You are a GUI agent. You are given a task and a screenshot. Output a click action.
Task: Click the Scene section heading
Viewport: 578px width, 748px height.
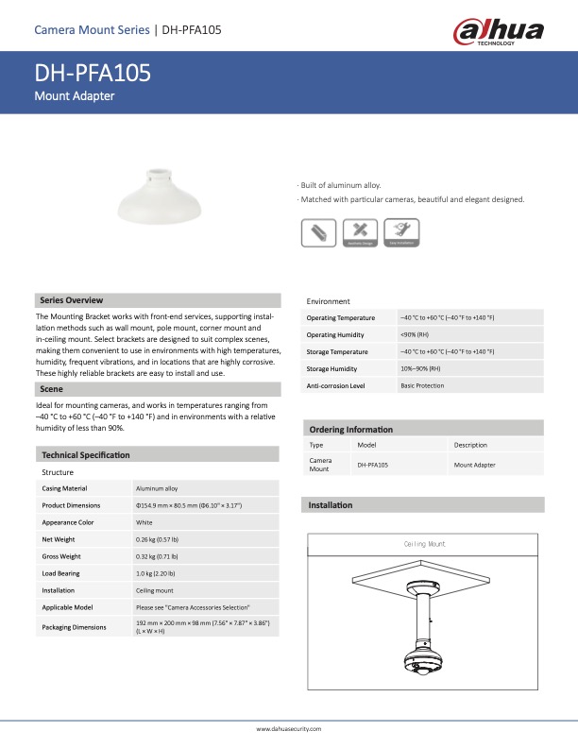tap(51, 388)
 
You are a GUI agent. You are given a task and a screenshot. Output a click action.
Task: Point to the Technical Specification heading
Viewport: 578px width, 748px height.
tap(86, 454)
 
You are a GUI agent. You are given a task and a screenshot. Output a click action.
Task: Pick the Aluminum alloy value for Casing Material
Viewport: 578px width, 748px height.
tap(157, 488)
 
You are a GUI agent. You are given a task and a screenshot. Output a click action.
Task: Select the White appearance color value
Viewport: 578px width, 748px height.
tap(144, 522)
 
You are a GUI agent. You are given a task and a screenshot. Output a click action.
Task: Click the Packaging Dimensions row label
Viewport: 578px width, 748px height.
tap(74, 627)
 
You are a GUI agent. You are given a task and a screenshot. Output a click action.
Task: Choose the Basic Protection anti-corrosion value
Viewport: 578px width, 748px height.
tap(422, 385)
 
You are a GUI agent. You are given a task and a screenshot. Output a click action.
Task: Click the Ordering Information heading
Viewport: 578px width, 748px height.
tap(351, 430)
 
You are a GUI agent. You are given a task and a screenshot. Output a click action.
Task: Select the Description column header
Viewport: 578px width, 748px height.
tap(471, 445)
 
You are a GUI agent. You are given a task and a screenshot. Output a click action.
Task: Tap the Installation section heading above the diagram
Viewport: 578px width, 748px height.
tap(331, 505)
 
